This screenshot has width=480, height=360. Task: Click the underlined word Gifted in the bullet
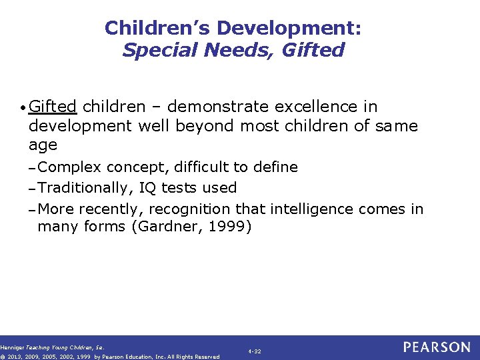[x=53, y=107]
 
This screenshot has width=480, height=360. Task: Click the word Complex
[x=71, y=167]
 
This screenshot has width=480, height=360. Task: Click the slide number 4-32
[x=255, y=351]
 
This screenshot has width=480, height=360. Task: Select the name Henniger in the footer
[x=12, y=347]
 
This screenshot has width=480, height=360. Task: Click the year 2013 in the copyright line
[x=16, y=357]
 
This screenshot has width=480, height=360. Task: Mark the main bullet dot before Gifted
[x=24, y=108]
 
